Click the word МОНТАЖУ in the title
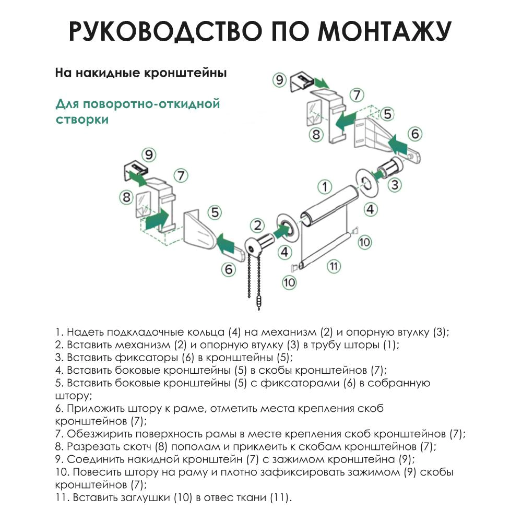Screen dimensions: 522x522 [385, 32]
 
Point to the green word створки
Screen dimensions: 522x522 [82, 120]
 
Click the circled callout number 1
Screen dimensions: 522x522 [325, 186]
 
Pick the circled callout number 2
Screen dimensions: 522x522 [257, 226]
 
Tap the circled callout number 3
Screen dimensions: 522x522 [395, 184]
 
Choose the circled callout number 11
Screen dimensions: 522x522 [334, 265]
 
